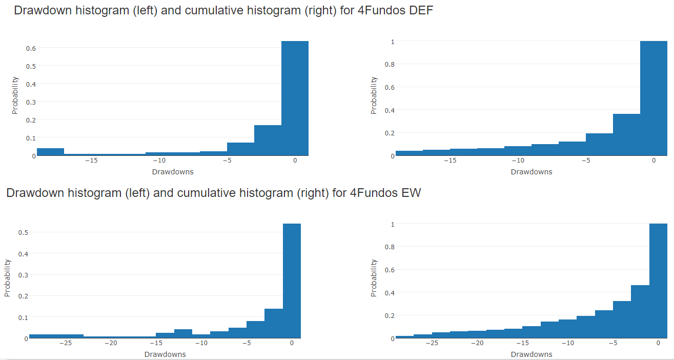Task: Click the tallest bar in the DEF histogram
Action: pos(295,97)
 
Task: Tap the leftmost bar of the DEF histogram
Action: pos(50,152)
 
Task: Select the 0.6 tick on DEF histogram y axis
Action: pos(31,48)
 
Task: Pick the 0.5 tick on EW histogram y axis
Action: pos(24,232)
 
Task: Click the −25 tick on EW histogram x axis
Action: pos(65,344)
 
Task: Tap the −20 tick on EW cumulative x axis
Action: pos(478,344)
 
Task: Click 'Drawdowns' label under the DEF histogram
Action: pos(173,172)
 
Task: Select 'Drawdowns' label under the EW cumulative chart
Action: pos(532,354)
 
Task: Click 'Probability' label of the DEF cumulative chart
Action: pos(374,95)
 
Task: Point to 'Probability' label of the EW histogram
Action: pos(8,278)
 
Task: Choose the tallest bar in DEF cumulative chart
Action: pos(653,97)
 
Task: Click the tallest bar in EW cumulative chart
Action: pos(658,281)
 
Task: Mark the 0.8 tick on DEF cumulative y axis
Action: pos(390,64)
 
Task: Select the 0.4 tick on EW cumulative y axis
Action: pos(390,293)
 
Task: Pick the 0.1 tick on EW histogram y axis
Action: pos(24,317)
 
